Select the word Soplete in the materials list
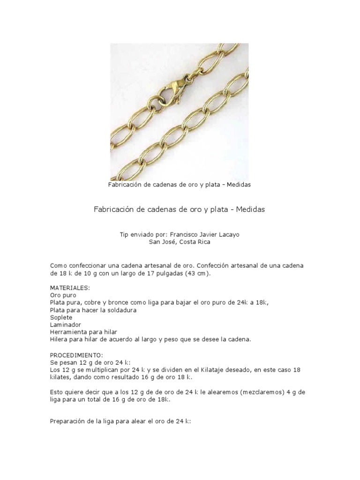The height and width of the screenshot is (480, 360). [x=61, y=317]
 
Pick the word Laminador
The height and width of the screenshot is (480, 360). [x=66, y=324]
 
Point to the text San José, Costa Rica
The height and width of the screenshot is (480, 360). [x=180, y=242]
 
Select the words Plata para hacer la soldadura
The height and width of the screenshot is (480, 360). [x=93, y=310]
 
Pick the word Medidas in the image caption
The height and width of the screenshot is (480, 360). [x=239, y=185]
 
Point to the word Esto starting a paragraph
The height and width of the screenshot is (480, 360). [x=57, y=392]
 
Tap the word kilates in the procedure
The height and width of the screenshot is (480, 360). [x=60, y=377]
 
